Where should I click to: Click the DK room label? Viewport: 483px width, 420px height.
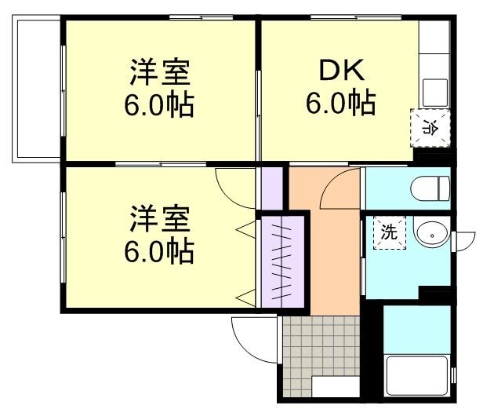tap(340, 72)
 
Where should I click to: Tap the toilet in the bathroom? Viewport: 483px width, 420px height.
tap(429, 188)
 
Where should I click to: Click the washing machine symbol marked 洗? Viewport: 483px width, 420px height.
tap(389, 232)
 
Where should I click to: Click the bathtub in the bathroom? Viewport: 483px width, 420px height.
tap(416, 376)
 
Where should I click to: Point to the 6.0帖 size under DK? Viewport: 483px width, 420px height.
tap(340, 103)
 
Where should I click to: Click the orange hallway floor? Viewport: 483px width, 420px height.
tap(325, 259)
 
